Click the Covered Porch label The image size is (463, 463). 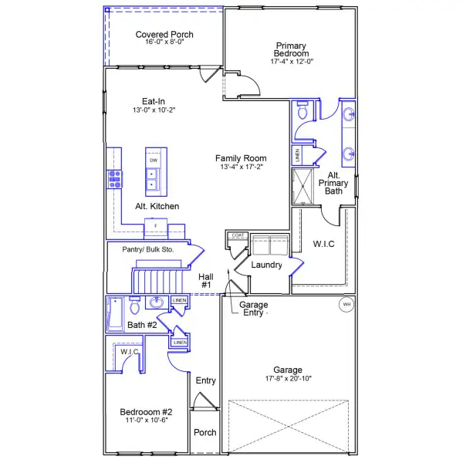pos(164,35)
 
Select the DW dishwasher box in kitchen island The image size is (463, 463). pos(154,161)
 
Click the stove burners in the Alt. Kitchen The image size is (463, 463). pos(116,179)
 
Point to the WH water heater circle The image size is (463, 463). pos(346,304)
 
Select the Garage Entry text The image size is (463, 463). pos(254,309)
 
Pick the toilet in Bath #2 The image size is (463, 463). pos(135,303)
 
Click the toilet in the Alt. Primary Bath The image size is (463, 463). pos(303,113)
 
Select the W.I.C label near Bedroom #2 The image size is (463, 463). pos(129,352)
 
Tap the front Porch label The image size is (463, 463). pos(204,432)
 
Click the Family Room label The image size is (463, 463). pos(241,158)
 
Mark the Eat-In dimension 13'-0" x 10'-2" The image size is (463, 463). pos(154,110)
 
